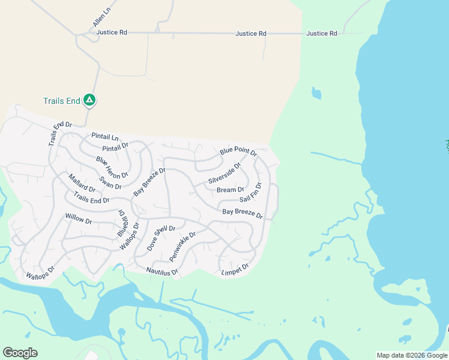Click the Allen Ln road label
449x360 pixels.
tap(102, 17)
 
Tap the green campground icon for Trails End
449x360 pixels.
tap(89, 100)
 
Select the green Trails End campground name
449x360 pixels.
tap(61, 101)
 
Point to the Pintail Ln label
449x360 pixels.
tap(105, 137)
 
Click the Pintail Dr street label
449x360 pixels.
tap(115, 147)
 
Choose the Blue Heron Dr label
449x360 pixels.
tap(112, 167)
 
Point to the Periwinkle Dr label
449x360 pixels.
tap(182, 246)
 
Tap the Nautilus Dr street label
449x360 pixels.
tap(162, 272)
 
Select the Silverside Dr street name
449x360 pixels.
tap(224, 172)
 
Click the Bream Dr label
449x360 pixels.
tap(231, 190)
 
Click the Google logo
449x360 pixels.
tap(20, 353)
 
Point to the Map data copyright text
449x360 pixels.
tap(412, 355)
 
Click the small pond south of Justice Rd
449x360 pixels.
tap(316, 94)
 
